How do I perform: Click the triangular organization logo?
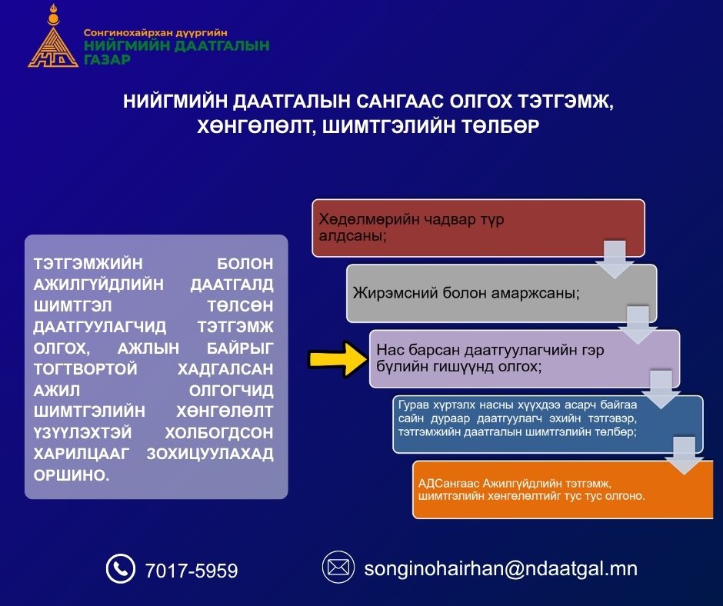click(53, 39)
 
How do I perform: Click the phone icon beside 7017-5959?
click(120, 568)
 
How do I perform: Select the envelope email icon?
click(338, 568)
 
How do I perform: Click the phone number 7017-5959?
click(192, 571)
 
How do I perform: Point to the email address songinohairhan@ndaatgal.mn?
click(501, 568)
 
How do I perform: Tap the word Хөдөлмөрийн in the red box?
click(369, 219)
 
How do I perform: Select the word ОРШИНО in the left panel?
click(72, 475)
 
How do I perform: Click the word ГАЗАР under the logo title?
click(107, 59)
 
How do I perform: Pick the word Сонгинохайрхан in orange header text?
click(126, 33)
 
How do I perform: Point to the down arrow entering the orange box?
click(685, 456)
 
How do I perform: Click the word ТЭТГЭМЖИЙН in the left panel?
click(88, 264)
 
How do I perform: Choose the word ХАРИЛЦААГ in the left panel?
click(82, 454)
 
